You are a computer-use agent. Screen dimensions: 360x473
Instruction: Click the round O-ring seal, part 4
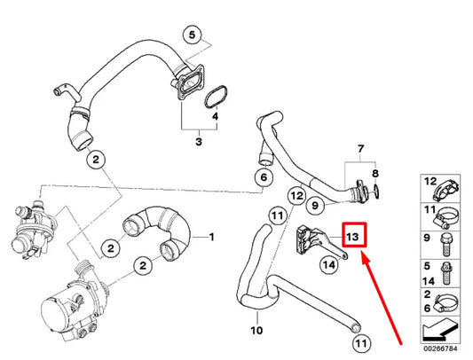tap(215, 97)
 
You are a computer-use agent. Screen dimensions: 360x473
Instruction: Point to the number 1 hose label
tap(211, 238)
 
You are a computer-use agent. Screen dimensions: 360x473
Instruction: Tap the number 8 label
tap(374, 174)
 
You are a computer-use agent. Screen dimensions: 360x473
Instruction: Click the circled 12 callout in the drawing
tap(296, 195)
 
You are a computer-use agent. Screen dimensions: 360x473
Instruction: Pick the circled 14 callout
tap(327, 263)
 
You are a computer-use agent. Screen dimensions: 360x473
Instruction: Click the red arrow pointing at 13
tap(382, 297)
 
